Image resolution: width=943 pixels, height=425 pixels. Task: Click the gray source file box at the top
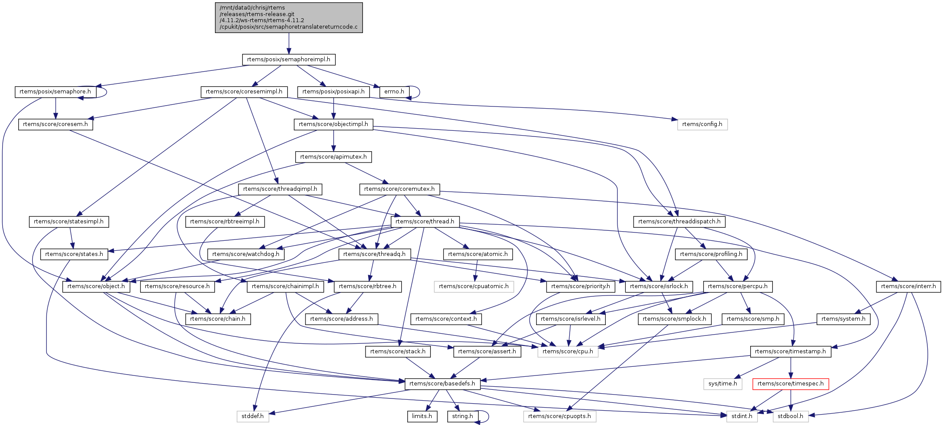(289, 17)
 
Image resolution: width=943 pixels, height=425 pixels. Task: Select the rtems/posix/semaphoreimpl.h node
(289, 59)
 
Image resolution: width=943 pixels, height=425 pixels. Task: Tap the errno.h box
(394, 92)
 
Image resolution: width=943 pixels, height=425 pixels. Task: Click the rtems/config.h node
(702, 124)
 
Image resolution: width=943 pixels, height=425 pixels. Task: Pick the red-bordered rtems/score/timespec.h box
(790, 384)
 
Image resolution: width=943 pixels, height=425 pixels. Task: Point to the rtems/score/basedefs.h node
(442, 384)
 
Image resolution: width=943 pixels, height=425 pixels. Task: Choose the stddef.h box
(252, 416)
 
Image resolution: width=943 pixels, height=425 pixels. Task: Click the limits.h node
(422, 416)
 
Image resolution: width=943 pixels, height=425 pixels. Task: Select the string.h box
(462, 416)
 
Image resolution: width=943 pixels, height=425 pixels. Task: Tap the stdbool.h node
(790, 416)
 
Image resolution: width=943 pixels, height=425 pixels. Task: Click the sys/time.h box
(722, 384)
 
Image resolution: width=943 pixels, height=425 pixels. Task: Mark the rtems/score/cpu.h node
(567, 351)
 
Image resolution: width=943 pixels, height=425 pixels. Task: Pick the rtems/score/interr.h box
(908, 286)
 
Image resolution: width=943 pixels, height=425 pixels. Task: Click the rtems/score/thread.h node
(425, 222)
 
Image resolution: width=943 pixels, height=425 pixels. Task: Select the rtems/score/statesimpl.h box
(69, 222)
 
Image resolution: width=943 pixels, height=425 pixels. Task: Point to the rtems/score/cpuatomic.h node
(473, 286)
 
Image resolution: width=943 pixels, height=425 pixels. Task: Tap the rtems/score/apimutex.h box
(333, 157)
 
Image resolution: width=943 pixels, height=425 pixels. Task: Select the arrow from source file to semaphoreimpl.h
(289, 43)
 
